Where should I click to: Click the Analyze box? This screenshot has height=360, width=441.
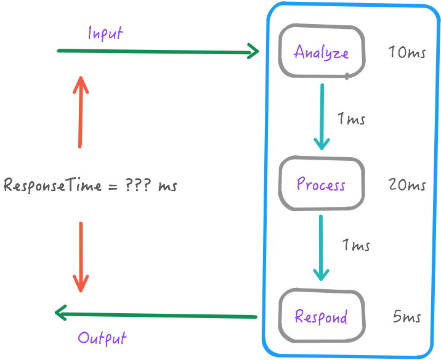322,52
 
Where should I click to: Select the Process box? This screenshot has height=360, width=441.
321,184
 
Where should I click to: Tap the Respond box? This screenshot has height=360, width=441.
321,316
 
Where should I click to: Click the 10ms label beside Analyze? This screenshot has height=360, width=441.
407,52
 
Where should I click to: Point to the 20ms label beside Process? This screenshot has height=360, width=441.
407,184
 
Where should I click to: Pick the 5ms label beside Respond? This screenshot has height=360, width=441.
407,317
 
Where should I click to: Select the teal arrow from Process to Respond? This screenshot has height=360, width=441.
321,247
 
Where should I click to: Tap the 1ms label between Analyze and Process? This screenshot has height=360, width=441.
352,119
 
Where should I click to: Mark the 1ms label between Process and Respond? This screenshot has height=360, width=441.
356,245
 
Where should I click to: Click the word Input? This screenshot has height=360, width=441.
105,33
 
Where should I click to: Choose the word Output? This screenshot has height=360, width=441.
102,338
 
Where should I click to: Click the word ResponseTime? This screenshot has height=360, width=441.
52,186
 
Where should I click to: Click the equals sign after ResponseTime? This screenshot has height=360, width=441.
112,186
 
